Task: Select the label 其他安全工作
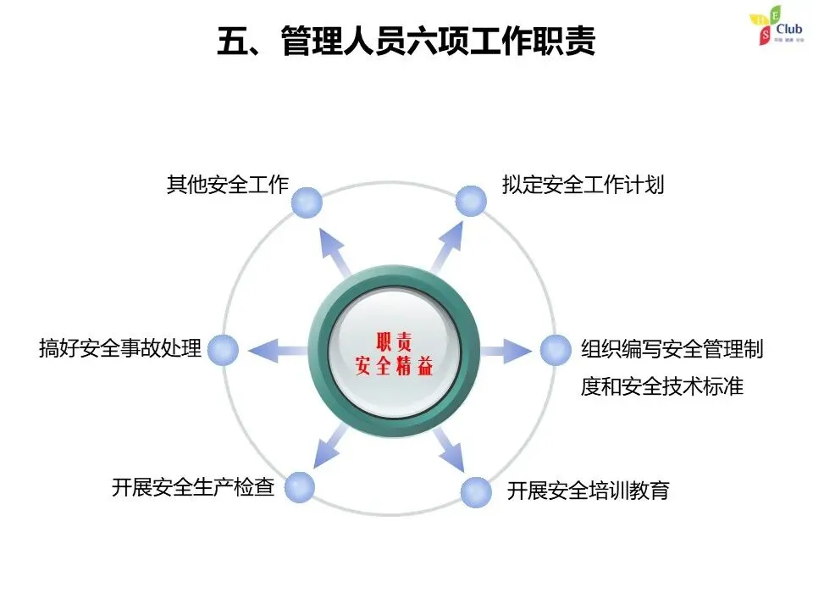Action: (228, 186)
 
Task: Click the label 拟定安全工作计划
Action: (583, 186)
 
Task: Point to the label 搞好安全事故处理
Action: (120, 348)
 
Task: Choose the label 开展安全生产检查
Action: (193, 488)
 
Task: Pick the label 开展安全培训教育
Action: (589, 491)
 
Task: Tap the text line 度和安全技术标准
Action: (662, 387)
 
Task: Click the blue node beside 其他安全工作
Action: (307, 202)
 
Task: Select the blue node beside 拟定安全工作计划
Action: (471, 201)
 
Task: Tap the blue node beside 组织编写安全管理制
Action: (556, 349)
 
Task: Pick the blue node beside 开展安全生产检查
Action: (299, 487)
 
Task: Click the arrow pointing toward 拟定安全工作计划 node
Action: (446, 246)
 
